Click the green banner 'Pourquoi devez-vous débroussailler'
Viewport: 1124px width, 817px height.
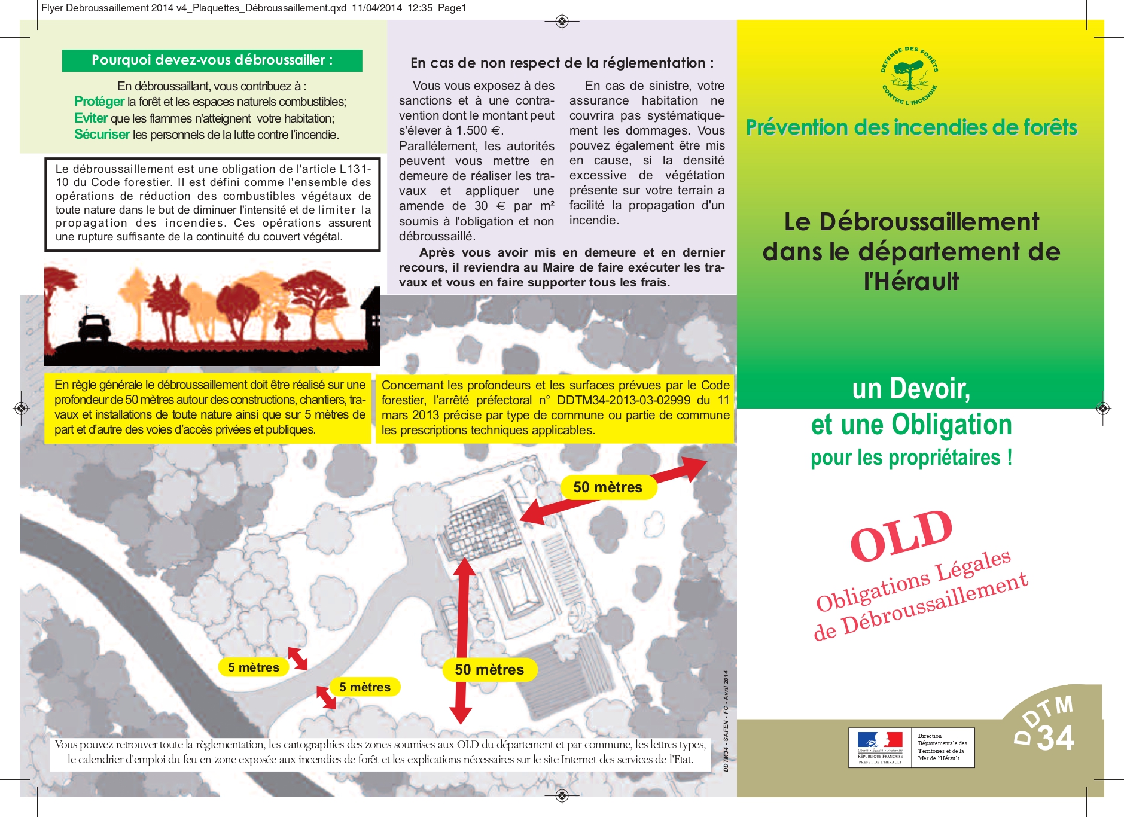coord(212,60)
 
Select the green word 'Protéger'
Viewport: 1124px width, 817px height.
coord(99,102)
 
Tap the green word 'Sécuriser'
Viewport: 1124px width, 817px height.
coord(102,135)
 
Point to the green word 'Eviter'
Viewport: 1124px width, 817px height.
coord(91,118)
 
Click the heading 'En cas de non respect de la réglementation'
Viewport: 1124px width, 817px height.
coord(562,63)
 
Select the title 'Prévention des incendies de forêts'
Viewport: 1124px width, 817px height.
coord(911,127)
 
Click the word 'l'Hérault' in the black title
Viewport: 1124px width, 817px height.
coord(911,281)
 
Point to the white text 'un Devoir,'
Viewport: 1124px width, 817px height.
coord(911,389)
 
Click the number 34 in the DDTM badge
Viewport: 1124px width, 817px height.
coord(1056,739)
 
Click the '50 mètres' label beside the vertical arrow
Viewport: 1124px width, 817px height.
coord(489,670)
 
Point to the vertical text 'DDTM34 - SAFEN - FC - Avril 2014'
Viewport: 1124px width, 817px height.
coord(726,721)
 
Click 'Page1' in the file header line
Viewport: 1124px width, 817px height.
coord(452,8)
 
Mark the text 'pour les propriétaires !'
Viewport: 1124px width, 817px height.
coord(911,458)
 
